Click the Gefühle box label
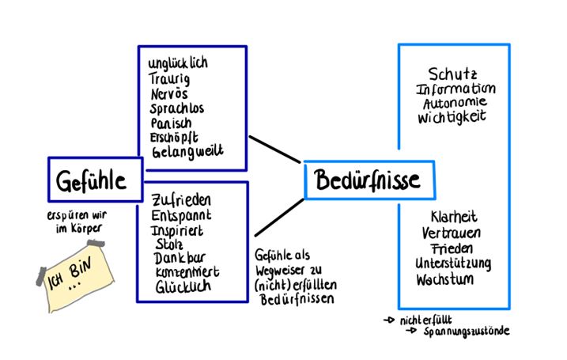[92, 180]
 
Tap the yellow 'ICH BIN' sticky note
[75, 273]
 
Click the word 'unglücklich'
[178, 63]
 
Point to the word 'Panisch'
[170, 123]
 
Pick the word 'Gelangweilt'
[186, 151]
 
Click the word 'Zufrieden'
[180, 201]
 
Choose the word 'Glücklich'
[183, 286]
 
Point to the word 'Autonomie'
[454, 103]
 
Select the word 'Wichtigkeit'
[452, 117]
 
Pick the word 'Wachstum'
[448, 279]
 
